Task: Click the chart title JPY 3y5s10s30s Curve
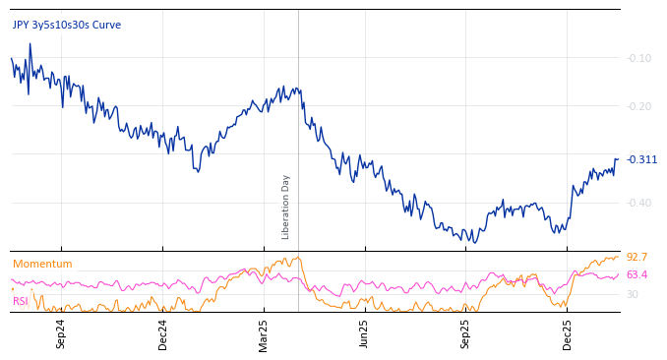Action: (x=67, y=25)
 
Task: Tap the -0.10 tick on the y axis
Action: (x=639, y=58)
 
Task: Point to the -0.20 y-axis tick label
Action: (x=639, y=106)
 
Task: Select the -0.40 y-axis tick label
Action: (x=639, y=203)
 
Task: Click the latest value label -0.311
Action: (x=642, y=159)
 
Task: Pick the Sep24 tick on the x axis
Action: (x=61, y=334)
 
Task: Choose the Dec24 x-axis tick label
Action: (x=163, y=334)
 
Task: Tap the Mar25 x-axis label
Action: (x=264, y=334)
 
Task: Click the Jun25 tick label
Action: (x=364, y=334)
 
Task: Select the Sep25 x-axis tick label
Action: (x=466, y=334)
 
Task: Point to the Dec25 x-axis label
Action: (x=568, y=334)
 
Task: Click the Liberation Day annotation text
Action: (x=286, y=207)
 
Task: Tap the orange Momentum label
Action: (x=42, y=264)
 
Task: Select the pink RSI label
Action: (x=21, y=301)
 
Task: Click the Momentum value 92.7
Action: (x=637, y=257)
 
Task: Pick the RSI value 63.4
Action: (x=637, y=274)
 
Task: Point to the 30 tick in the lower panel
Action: (x=633, y=294)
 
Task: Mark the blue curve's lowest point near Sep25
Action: (x=473, y=242)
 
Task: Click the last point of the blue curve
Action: (x=618, y=158)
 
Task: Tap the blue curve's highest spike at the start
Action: (x=30, y=44)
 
